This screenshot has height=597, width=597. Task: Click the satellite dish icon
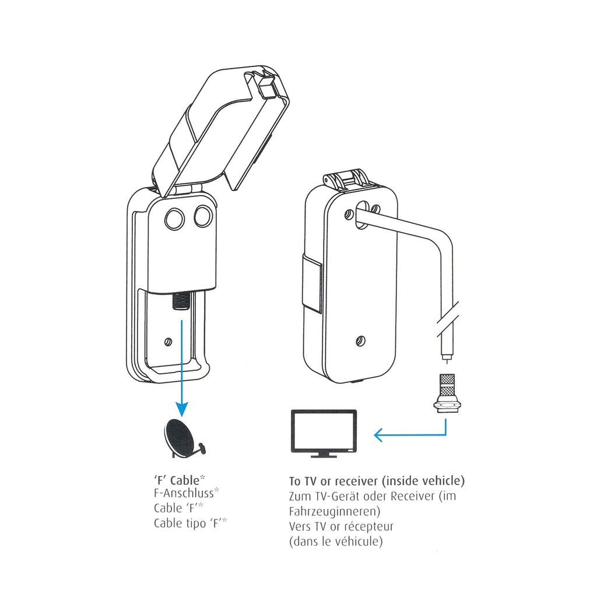(x=182, y=438)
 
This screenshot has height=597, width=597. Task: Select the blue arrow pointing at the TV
(x=408, y=434)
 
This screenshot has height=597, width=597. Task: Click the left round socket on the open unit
(x=174, y=219)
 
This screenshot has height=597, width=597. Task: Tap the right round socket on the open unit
(x=203, y=217)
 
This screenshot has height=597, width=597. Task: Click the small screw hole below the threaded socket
(x=169, y=341)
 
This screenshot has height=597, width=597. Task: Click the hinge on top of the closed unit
(x=346, y=179)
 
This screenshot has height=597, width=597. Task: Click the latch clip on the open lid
(x=266, y=86)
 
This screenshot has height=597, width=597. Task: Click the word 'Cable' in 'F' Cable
(x=185, y=480)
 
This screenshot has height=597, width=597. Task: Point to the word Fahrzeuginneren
(x=334, y=511)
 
